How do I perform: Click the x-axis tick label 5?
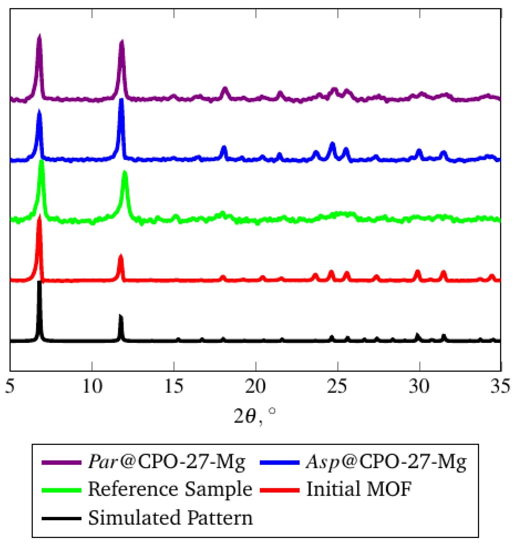[10, 386]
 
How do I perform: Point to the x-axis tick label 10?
[92, 386]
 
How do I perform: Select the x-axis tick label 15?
[174, 386]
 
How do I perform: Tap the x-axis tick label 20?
[255, 386]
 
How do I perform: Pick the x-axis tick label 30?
[419, 386]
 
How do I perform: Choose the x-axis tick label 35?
[500, 386]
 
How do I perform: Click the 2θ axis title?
[254, 416]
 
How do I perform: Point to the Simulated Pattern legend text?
[170, 518]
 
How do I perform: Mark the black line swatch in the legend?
[61, 518]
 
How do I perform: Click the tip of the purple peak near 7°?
[39, 35]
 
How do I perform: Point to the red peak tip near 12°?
[121, 256]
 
